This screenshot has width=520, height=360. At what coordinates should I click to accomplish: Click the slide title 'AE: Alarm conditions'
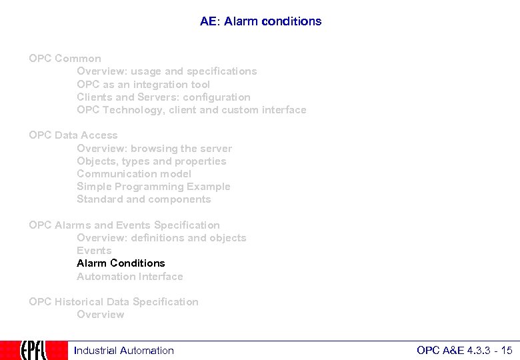pyautogui.click(x=260, y=21)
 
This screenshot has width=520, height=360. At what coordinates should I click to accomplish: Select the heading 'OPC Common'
pyautogui.click(x=65, y=59)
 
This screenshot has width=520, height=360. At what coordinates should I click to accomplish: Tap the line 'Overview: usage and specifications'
pyautogui.click(x=167, y=71)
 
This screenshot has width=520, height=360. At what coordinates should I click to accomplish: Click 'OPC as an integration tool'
pyautogui.click(x=143, y=85)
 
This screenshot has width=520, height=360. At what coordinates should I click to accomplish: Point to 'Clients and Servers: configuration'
pyautogui.click(x=163, y=97)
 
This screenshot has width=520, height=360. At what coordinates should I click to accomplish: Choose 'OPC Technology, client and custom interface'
pyautogui.click(x=191, y=110)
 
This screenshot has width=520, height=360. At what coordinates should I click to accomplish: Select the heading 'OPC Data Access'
pyautogui.click(x=73, y=135)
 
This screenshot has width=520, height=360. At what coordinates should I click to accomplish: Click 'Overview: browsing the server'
pyautogui.click(x=154, y=149)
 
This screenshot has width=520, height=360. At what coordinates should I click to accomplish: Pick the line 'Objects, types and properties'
pyautogui.click(x=151, y=161)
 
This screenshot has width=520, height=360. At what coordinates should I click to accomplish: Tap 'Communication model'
pyautogui.click(x=134, y=174)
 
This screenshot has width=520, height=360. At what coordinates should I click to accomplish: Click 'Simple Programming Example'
pyautogui.click(x=153, y=187)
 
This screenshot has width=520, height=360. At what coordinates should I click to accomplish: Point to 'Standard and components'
pyautogui.click(x=143, y=199)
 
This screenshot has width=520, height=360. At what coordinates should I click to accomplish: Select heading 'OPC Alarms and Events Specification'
pyautogui.click(x=124, y=225)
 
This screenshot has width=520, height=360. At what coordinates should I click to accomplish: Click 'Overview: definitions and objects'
pyautogui.click(x=161, y=238)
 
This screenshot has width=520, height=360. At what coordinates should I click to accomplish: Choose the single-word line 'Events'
pyautogui.click(x=94, y=251)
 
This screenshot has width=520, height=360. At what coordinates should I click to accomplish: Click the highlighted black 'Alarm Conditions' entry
pyautogui.click(x=121, y=263)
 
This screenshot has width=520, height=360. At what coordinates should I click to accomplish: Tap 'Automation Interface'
pyautogui.click(x=129, y=277)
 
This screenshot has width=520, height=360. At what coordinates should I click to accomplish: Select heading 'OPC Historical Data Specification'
pyautogui.click(x=113, y=302)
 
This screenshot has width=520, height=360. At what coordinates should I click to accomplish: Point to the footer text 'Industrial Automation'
pyautogui.click(x=124, y=351)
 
